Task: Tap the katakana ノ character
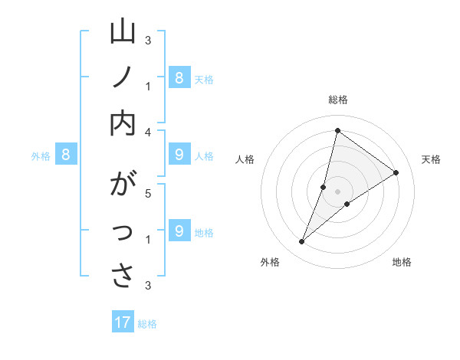123,78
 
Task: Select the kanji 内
123,122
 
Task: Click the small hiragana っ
123,233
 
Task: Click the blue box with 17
123,322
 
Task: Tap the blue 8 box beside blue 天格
179,77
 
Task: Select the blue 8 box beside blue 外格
66,155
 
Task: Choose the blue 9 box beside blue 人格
179,155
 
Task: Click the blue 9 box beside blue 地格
179,231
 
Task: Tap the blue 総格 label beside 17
147,323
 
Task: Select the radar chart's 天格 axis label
431,159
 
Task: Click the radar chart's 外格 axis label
270,262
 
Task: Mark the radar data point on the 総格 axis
337,130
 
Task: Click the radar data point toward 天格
396,172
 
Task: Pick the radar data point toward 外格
302,242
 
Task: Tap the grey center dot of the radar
337,191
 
